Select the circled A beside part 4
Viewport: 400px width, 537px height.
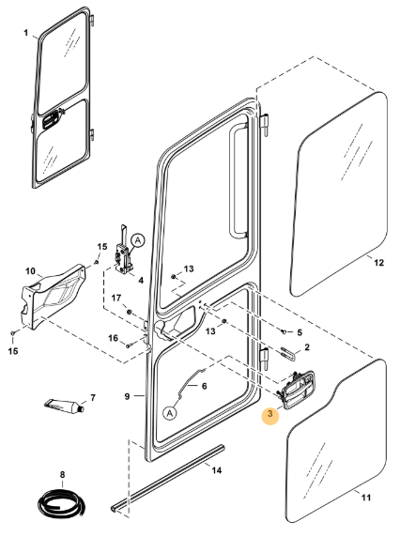coord(137,239)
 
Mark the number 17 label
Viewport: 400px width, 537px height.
coord(117,300)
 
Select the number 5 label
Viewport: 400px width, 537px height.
coord(300,331)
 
